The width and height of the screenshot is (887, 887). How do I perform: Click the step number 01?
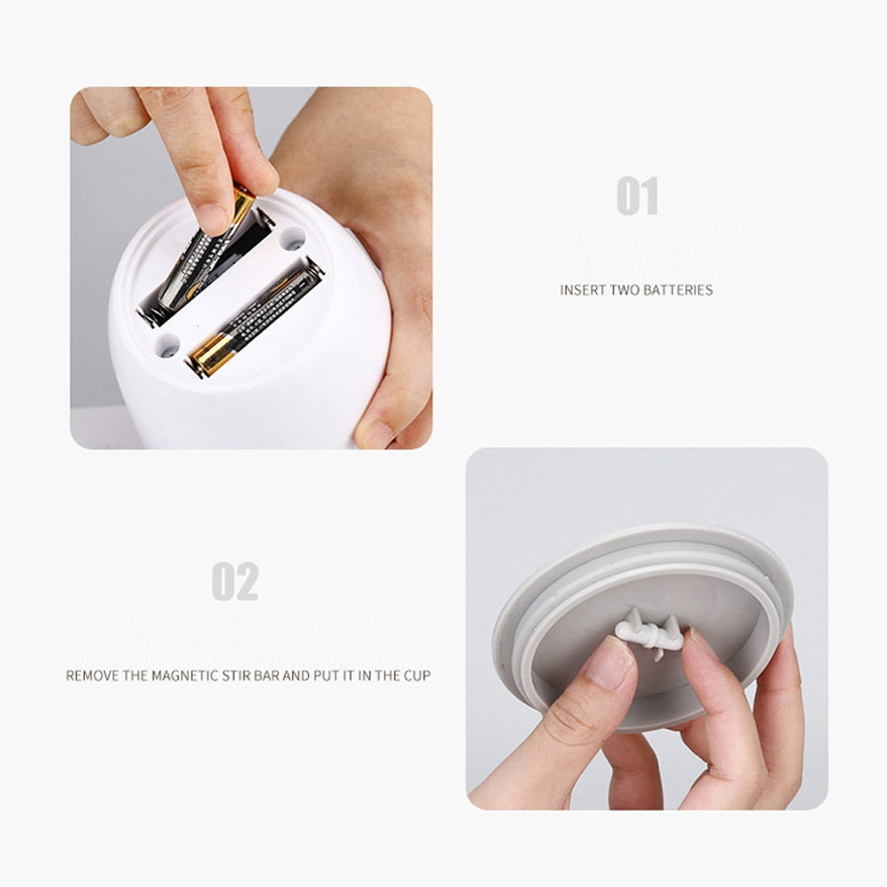coord(638,196)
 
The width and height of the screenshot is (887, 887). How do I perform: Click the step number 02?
coord(235,582)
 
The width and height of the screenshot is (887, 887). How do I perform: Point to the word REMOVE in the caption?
coord(92,676)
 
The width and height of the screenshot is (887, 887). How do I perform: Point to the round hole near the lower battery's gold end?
coord(166,347)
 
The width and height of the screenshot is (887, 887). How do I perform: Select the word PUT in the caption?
coord(330,676)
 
